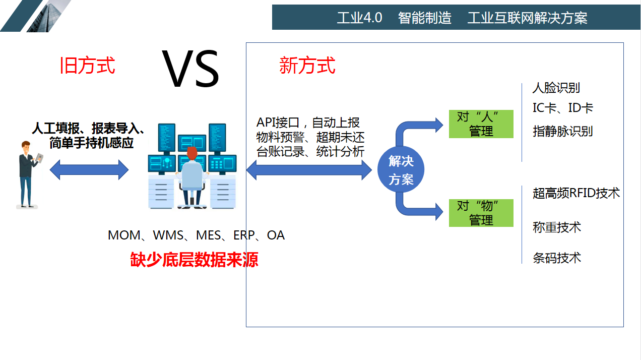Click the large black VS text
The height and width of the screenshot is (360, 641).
pyautogui.click(x=190, y=69)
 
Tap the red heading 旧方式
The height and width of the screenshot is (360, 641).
pyautogui.click(x=88, y=66)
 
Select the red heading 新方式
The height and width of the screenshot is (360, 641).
pyautogui.click(x=307, y=66)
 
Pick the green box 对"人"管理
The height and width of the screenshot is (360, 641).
pyautogui.click(x=481, y=124)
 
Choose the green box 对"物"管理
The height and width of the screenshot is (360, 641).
pyautogui.click(x=481, y=213)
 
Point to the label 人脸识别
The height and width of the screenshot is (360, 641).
pyautogui.click(x=556, y=88)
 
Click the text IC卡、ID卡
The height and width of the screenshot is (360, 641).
pyautogui.click(x=562, y=108)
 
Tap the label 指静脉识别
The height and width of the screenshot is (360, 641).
pyautogui.click(x=562, y=132)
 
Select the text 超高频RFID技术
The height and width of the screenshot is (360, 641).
pyautogui.click(x=576, y=193)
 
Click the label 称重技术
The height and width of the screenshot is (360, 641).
pyautogui.click(x=556, y=227)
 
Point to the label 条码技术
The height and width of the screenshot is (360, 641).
pyautogui.click(x=556, y=258)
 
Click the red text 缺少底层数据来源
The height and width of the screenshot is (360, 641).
pyautogui.click(x=194, y=259)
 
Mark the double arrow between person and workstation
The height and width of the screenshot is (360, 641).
pyautogui.click(x=89, y=169)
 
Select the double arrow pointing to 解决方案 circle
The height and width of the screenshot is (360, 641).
pyautogui.click(x=308, y=169)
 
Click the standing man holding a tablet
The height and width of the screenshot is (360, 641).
pyautogui.click(x=28, y=174)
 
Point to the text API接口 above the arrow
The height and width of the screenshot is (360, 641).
pyautogui.click(x=278, y=123)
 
